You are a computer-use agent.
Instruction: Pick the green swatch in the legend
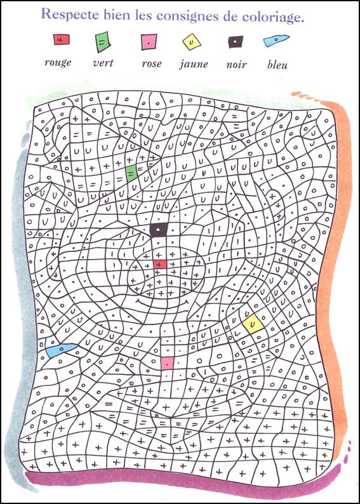[102, 42]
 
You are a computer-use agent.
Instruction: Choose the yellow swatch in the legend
[190, 42]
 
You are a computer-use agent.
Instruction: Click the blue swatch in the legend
[274, 41]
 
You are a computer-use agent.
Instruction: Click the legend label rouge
[58, 62]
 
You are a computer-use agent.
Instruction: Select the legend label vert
[103, 63]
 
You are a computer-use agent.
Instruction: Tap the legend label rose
[152, 63]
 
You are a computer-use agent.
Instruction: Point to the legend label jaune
[194, 64]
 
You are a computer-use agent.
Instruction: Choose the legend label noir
[236, 63]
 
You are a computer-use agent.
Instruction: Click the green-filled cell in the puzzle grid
[131, 173]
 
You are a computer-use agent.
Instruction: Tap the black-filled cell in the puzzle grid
[158, 230]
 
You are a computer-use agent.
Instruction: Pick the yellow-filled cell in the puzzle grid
[252, 324]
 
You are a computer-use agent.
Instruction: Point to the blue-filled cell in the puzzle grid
[60, 350]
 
